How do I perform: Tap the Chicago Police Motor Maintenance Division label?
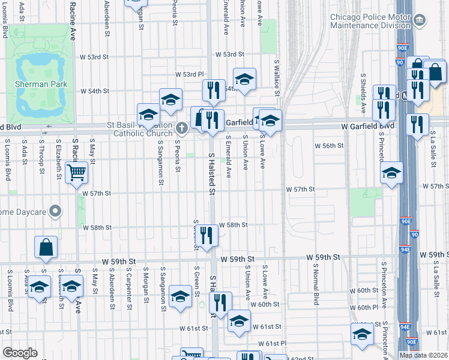pos(371,22)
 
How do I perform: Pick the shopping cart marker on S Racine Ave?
pos(77,173)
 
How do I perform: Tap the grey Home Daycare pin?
pos(56,211)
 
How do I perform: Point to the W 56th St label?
pos(329,146)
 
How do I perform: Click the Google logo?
pos(20,353)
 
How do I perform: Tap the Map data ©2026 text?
pos(423,355)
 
